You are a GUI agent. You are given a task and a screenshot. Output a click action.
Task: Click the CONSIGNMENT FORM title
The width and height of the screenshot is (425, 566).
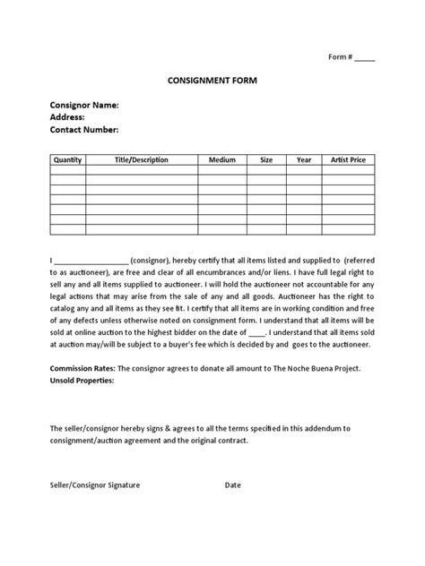[212, 80]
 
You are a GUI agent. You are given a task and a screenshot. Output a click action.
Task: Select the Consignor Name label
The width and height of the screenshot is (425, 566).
[83, 105]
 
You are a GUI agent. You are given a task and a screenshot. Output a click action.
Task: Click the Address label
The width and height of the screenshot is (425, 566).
[67, 117]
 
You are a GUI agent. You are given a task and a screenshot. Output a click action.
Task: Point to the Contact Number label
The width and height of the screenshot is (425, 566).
[83, 130]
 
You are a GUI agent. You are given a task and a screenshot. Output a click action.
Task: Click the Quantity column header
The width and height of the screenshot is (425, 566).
[67, 159]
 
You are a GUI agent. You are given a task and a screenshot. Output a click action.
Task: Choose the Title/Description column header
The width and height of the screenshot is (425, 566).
[141, 159]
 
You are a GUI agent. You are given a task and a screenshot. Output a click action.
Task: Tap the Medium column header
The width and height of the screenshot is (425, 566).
[221, 159]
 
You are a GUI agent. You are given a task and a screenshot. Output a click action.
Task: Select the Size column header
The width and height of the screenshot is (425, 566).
[266, 159]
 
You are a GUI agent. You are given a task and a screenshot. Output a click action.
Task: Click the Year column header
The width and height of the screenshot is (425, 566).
[304, 159]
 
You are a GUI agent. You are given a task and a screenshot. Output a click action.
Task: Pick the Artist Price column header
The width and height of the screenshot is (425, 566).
[348, 159]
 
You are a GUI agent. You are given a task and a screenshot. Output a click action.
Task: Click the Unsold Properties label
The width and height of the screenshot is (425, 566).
[82, 380]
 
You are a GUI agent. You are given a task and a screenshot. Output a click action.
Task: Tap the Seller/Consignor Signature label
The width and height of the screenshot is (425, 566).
[95, 485]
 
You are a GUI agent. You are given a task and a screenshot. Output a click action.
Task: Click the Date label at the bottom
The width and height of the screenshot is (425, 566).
[233, 485]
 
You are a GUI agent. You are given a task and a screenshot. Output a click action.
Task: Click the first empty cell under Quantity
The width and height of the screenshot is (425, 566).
[67, 169]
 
